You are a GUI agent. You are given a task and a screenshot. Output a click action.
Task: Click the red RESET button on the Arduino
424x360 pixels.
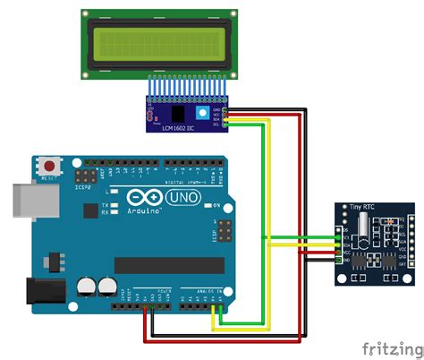click(x=49, y=166)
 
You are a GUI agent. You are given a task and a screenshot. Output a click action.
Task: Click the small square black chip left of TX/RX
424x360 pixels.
click(x=89, y=210)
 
